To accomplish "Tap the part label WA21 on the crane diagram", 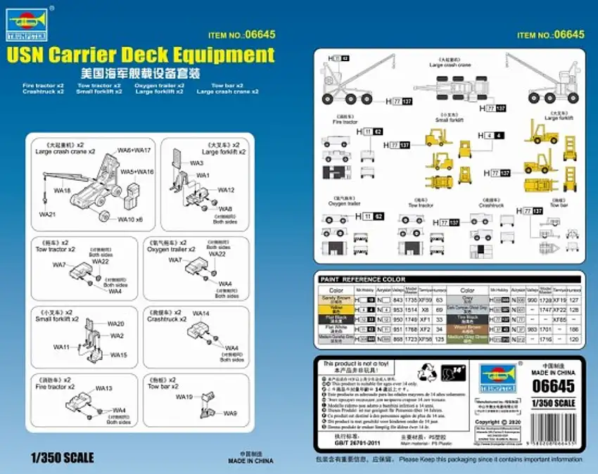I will point(47,213).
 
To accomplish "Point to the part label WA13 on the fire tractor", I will point(103,388).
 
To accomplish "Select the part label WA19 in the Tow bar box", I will point(184,397).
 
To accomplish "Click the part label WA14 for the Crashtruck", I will point(201,314).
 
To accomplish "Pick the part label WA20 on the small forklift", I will point(115,324).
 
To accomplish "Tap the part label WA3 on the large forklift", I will point(196,162).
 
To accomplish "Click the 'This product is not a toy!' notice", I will point(355,364).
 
